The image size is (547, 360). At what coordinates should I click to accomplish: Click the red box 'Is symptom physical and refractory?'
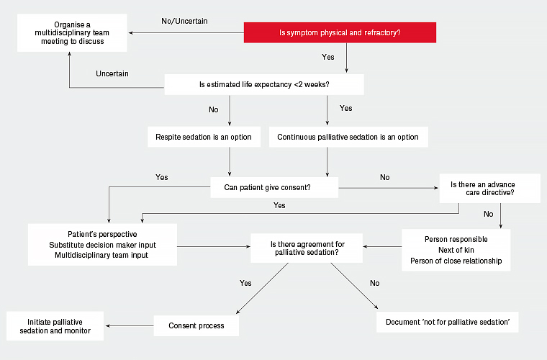pos(340,32)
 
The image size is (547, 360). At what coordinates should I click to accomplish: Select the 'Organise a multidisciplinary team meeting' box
pos(73,32)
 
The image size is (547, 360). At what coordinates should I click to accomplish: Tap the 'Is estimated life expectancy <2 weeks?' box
pos(264,85)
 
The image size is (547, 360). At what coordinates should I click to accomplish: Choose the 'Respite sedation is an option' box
pos(204,137)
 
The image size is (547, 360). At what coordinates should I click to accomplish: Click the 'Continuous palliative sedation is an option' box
pos(348,137)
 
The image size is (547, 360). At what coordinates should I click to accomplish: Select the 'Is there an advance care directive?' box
pos(489,188)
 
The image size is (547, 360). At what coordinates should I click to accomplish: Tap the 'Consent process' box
pos(196,325)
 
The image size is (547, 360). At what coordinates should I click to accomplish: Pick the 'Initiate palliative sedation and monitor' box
pos(55,326)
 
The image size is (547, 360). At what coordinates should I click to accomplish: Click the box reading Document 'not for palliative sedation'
pos(448,321)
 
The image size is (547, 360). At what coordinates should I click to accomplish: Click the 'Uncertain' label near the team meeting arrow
pos(112,73)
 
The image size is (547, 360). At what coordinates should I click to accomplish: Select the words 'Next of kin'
pos(456,250)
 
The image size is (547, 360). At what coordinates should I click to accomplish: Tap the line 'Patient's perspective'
pos(102,235)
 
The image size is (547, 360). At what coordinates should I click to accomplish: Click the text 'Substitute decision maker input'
pos(102,245)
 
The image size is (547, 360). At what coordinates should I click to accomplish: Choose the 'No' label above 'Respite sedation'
pos(213,110)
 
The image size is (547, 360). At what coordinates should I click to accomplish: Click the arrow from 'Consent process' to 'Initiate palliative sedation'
pos(128,325)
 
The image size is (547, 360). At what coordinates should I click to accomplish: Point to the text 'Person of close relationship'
pos(456,261)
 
